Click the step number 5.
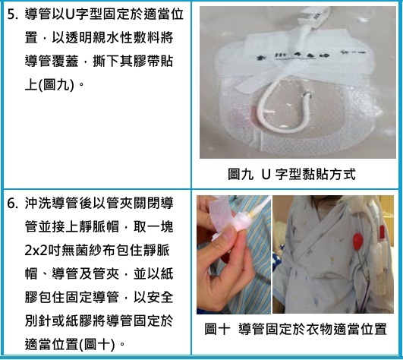[11, 14]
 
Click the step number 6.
[11, 204]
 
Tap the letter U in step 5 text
[69, 14]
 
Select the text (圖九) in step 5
[56, 85]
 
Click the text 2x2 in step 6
[36, 251]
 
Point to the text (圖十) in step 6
[96, 345]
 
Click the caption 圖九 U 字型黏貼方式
[291, 175]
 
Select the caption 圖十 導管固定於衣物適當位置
[295, 329]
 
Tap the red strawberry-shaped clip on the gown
[358, 241]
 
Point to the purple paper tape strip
[221, 215]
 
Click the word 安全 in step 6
[160, 298]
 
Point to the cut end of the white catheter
[307, 96]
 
